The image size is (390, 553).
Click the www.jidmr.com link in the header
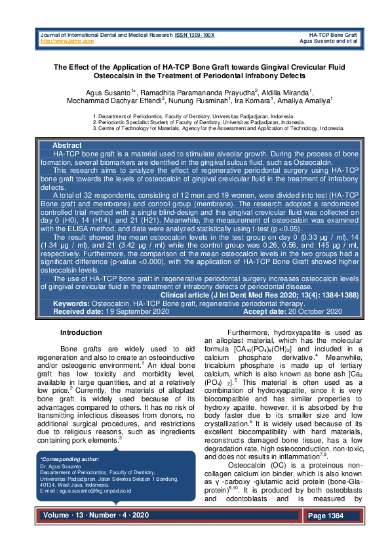coord(67,41)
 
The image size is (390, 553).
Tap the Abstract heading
coord(67,145)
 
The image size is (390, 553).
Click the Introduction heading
coord(81,333)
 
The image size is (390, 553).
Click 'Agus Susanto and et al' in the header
coord(327,41)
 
